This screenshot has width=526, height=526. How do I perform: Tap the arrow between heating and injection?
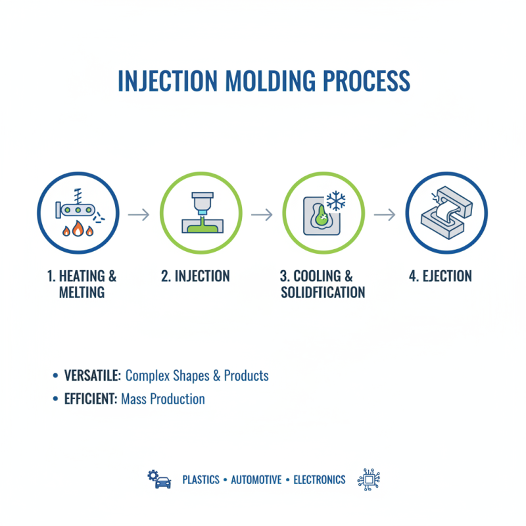(139, 214)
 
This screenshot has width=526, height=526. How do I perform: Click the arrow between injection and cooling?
(261, 214)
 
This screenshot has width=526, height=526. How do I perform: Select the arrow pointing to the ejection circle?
(385, 214)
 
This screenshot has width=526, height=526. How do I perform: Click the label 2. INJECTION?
(195, 276)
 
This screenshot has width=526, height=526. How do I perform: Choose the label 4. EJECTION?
(441, 276)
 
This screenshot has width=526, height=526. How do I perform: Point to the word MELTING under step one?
(82, 292)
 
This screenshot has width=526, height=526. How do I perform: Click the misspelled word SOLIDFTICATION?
(323, 292)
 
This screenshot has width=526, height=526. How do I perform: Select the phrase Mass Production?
(163, 399)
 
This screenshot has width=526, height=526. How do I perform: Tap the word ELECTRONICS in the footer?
(319, 479)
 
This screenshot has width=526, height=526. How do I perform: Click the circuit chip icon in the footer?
(369, 479)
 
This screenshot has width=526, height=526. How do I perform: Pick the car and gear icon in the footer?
(159, 479)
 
